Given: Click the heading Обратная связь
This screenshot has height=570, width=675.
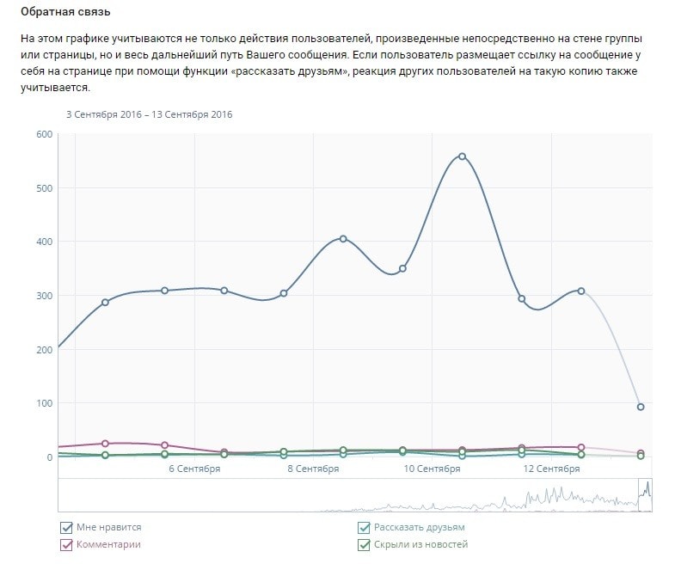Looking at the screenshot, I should [x=65, y=15].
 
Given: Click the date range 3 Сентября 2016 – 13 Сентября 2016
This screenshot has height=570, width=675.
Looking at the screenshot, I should [x=150, y=113].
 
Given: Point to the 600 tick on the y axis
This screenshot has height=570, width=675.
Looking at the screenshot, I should [x=43, y=134].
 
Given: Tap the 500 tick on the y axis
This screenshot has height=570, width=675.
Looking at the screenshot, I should [x=43, y=188].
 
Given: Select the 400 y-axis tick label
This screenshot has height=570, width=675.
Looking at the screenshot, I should [x=43, y=242].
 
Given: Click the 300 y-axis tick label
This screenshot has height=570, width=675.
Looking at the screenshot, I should [x=43, y=296].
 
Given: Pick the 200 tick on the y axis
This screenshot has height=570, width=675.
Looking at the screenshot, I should [x=43, y=350].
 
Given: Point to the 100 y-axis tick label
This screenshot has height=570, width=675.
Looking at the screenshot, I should [x=43, y=403].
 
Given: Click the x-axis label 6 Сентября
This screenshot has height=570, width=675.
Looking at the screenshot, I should [x=194, y=469].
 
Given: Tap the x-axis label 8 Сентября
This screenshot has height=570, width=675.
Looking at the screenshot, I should [x=313, y=469].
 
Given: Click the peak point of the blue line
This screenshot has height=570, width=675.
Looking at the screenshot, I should [x=462, y=156].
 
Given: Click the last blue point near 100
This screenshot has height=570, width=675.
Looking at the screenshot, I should [x=641, y=407].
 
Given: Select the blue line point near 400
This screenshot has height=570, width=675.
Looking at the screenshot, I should [x=343, y=239].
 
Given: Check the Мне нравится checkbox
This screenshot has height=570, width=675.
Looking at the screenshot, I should [x=66, y=528].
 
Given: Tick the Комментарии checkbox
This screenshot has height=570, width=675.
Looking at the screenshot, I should [x=66, y=544].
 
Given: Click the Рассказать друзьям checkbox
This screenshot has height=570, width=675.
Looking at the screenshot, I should [x=365, y=528].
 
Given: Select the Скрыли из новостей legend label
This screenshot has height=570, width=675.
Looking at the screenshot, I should [x=420, y=544].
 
